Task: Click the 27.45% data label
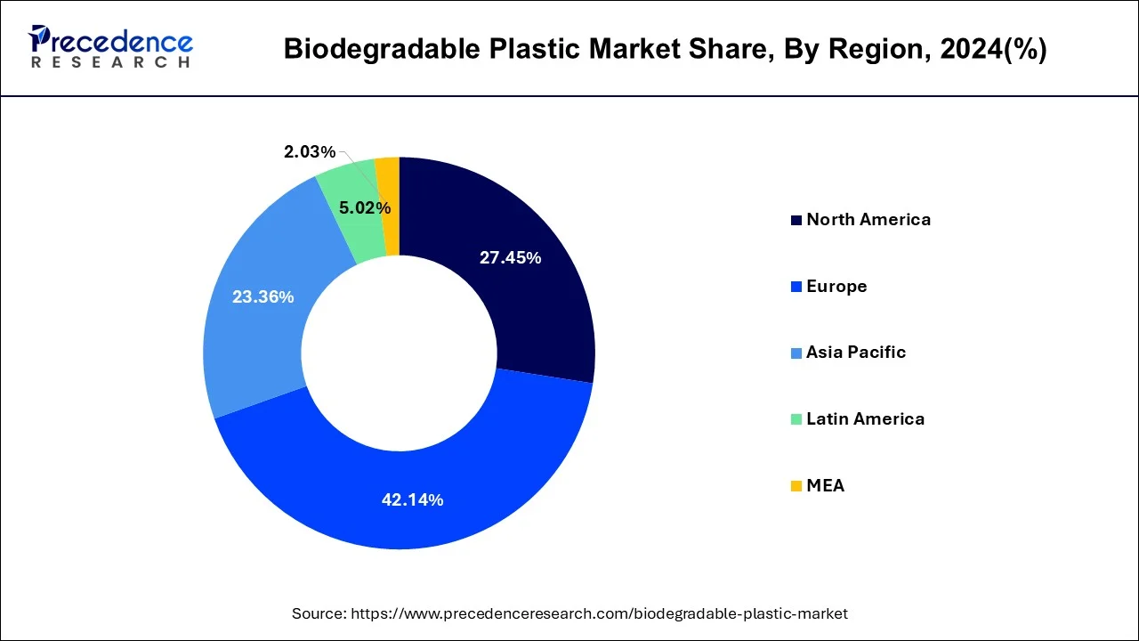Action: pos(510,258)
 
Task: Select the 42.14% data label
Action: pos(412,500)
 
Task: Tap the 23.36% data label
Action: pos(263,297)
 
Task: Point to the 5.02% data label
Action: pos(365,208)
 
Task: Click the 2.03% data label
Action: pos(310,152)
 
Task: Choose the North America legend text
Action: pos(868,220)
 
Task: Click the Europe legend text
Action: pos(836,287)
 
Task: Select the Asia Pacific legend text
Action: pos(856,353)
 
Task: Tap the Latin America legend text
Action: pos(865,419)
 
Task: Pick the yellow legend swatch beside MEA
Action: pos(796,486)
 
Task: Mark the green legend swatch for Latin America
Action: pos(796,419)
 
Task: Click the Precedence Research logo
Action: pos(111,48)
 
